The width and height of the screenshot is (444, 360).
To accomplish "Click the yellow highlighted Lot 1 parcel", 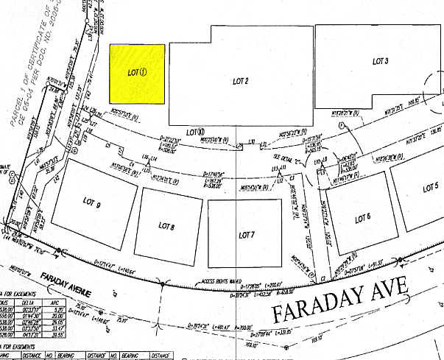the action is pos(137,74).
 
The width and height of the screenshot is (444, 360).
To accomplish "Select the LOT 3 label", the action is pos(381,60).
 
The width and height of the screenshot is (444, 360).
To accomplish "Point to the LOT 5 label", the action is pos(431,188).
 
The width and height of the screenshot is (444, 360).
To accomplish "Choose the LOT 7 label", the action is pos(247,235).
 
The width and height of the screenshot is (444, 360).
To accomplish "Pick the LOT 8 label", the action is pos(166,226).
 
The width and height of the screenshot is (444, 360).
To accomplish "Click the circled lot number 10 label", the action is pos(195,133).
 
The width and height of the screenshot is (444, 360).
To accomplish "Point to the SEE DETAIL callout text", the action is pos(284,156).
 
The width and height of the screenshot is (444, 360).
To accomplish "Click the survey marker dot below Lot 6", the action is pos(401,260).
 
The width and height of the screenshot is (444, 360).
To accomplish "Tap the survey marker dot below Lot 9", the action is pos(58,250).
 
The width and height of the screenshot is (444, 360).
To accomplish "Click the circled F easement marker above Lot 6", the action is pos(322,171).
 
